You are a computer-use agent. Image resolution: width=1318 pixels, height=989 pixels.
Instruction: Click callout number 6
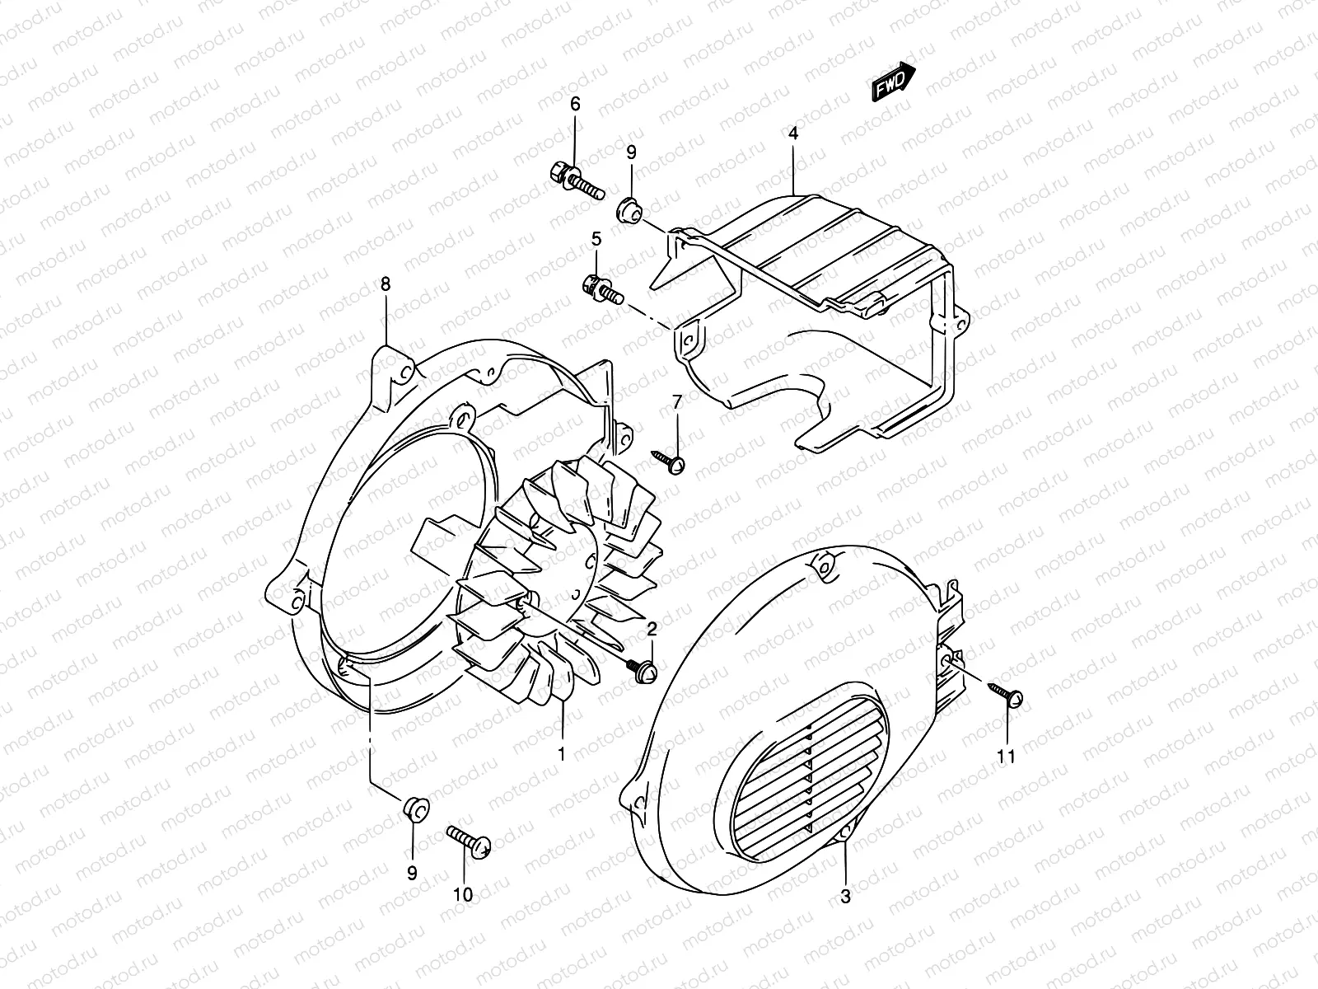pyautogui.click(x=575, y=104)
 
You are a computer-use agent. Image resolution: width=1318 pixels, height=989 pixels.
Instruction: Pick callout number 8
pyautogui.click(x=386, y=284)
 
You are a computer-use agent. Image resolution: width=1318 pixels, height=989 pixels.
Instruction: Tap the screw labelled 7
pyautogui.click(x=670, y=461)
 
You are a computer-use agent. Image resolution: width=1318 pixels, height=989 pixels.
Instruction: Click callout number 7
pyautogui.click(x=677, y=402)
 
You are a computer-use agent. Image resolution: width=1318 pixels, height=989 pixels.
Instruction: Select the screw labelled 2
pyautogui.click(x=643, y=669)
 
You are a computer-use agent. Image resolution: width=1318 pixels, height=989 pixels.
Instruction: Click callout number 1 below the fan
pyautogui.click(x=562, y=753)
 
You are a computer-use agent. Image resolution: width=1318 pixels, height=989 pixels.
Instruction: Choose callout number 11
pyautogui.click(x=1007, y=756)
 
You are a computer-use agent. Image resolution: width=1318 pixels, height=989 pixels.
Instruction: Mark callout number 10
pyautogui.click(x=463, y=895)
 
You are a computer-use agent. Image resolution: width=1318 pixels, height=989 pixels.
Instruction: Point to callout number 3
pyautogui.click(x=845, y=897)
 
